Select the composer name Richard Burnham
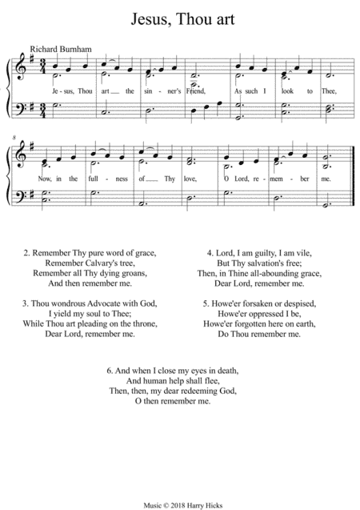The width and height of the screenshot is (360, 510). pyautogui.click(x=58, y=49)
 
